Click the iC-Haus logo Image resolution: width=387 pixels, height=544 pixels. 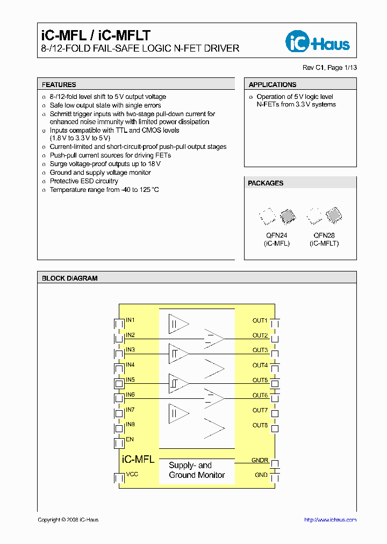pyautogui.click(x=317, y=42)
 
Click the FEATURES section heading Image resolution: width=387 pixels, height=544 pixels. pyautogui.click(x=59, y=84)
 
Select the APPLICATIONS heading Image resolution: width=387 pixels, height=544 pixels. pyautogui.click(x=273, y=84)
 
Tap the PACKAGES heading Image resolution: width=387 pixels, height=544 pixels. pyautogui.click(x=266, y=183)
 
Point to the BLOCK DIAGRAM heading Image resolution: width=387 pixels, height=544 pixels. pyautogui.click(x=70, y=278)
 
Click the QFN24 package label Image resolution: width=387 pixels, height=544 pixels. pyautogui.click(x=277, y=235)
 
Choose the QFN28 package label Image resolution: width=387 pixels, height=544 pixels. pyautogui.click(x=324, y=235)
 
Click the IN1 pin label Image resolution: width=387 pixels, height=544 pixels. pyautogui.click(x=130, y=320)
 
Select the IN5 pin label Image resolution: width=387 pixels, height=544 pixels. pyautogui.click(x=130, y=380)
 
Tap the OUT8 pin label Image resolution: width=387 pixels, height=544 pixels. pyautogui.click(x=260, y=425)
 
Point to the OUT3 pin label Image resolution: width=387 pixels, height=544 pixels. pyautogui.click(x=260, y=350)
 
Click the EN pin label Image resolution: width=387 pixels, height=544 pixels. pyautogui.click(x=130, y=440)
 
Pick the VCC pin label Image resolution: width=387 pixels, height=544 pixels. pyautogui.click(x=132, y=475)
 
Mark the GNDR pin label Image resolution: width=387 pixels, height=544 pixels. pyautogui.click(x=260, y=461)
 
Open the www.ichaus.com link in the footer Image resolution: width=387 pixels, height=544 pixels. pyautogui.click(x=330, y=520)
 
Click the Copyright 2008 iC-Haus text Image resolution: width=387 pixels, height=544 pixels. pyautogui.click(x=68, y=520)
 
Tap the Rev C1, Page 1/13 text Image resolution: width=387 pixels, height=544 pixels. pyautogui.click(x=329, y=68)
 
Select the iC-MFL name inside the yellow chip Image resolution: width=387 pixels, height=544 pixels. pyautogui.click(x=139, y=460)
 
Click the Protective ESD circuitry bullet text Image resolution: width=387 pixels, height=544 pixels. pyautogui.click(x=84, y=181)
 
